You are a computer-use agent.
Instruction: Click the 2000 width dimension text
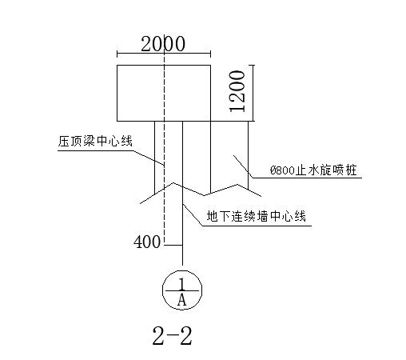tap(163, 44)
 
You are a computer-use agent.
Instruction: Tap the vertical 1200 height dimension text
tap(237, 91)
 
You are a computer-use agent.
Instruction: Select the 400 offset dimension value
tap(147, 242)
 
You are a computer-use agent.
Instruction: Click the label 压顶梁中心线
tap(95, 141)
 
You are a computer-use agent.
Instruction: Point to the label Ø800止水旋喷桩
tap(313, 170)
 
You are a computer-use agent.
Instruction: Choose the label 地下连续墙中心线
tap(257, 216)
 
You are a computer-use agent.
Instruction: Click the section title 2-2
tap(172, 336)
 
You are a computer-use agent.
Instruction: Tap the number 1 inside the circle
tap(182, 284)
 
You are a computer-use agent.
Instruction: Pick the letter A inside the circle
tap(181, 299)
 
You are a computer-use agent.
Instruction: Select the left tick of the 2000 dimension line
tap(117, 54)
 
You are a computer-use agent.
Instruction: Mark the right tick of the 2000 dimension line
tap(211, 54)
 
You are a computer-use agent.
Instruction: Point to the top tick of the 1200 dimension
tap(251, 65)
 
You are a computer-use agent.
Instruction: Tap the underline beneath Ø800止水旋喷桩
tap(307, 178)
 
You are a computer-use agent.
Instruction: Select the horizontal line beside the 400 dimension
tap(173, 245)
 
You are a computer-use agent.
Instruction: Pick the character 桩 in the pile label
tap(351, 170)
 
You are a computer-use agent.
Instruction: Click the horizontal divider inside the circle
tap(182, 290)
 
